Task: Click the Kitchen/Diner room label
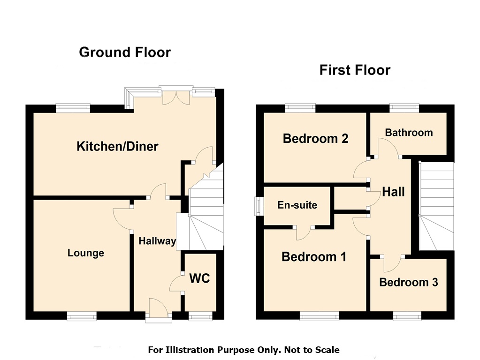(117, 146)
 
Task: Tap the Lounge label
(86, 253)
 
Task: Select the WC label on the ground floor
(199, 278)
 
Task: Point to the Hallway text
(157, 241)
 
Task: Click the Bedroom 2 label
(316, 139)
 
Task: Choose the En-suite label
(297, 205)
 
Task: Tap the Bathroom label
(409, 133)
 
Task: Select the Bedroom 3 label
(409, 282)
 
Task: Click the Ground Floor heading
(125, 52)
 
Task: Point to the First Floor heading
(355, 70)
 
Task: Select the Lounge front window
(82, 316)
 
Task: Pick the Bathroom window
(404, 108)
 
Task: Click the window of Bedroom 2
(300, 108)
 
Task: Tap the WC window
(200, 316)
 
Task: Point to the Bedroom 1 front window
(319, 316)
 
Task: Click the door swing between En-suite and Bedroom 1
(303, 234)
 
